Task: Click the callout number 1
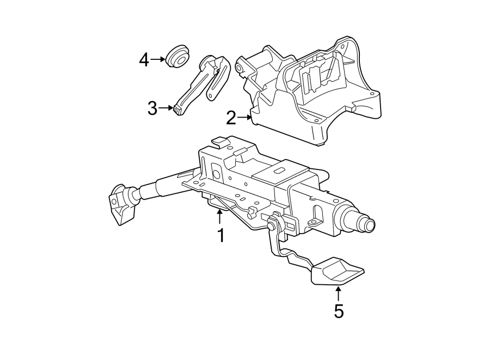pyautogui.click(x=220, y=236)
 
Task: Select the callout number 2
pyautogui.click(x=231, y=117)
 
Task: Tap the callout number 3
pyautogui.click(x=152, y=108)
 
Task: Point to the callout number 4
pyautogui.click(x=144, y=59)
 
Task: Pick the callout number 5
pyautogui.click(x=339, y=312)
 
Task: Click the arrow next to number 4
pyautogui.click(x=159, y=59)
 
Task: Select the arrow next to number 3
pyautogui.click(x=166, y=108)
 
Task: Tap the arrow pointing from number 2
pyautogui.click(x=244, y=116)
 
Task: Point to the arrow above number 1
pyautogui.click(x=219, y=218)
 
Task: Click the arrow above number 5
pyautogui.click(x=338, y=294)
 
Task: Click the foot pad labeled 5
pyautogui.click(x=338, y=272)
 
